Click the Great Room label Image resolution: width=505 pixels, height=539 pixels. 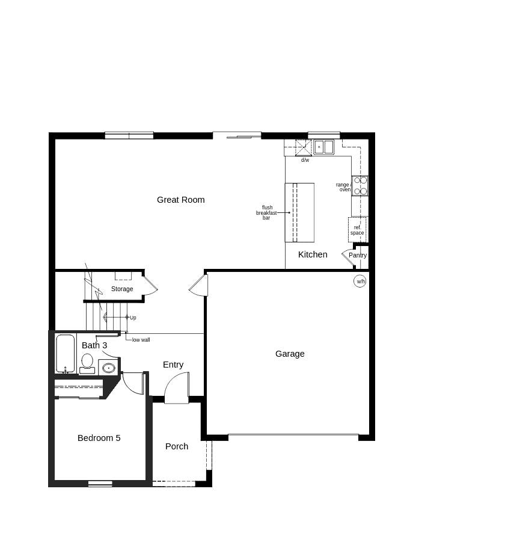point(180,200)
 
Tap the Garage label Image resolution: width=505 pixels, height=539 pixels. point(290,354)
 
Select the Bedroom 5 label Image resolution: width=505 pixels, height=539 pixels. point(99,438)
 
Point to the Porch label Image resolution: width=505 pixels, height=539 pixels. point(177,446)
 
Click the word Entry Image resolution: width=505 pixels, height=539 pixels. point(173,365)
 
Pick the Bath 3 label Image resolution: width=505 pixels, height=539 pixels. point(94,345)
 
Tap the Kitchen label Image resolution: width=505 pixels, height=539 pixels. point(313,254)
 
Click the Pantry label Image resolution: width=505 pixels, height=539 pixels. point(358,255)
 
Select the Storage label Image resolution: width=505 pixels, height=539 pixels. point(122,289)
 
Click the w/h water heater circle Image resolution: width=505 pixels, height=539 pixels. point(360,281)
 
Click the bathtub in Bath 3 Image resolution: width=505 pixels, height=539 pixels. point(66,353)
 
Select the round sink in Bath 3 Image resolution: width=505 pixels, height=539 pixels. point(109,368)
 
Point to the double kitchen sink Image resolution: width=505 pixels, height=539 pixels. point(323,147)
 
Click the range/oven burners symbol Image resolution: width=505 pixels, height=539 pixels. point(360,185)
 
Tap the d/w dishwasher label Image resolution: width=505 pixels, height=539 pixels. point(305,160)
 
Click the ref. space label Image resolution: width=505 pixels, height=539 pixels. point(357,230)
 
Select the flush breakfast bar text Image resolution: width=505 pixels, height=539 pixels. point(266,213)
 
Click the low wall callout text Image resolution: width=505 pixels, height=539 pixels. point(141,340)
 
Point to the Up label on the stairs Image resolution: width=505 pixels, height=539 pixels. point(133,318)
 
